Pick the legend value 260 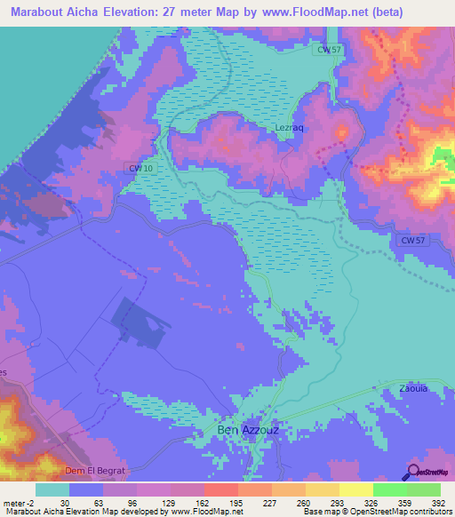coord(305,502)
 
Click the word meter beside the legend coord(14,502)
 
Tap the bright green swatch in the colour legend coord(389,489)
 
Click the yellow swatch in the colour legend coord(355,489)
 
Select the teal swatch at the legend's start coord(52,489)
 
